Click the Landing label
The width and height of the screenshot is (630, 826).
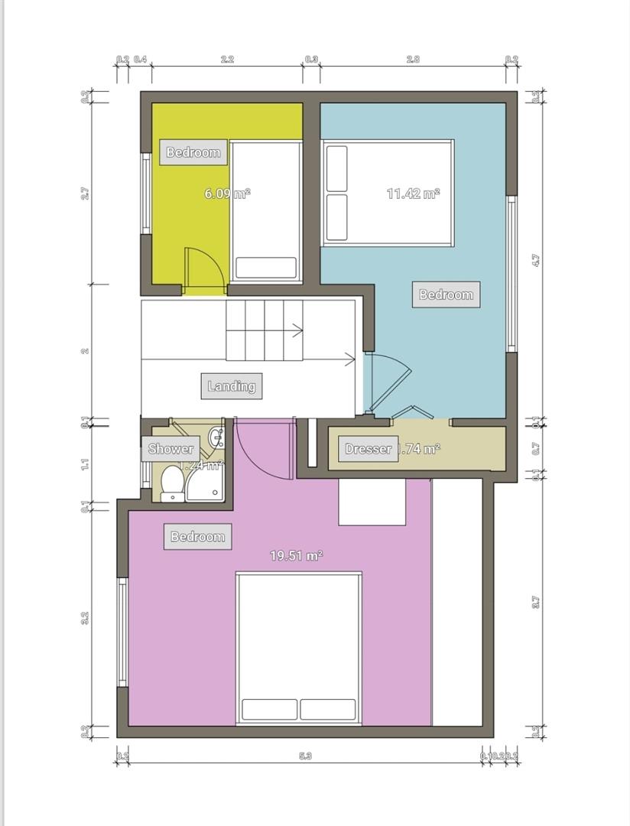tap(232, 386)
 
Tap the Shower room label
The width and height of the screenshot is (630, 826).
tap(170, 449)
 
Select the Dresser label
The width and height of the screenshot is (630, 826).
tap(368, 449)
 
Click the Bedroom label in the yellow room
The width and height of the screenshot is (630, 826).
tap(193, 152)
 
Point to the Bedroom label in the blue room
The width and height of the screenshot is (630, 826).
tap(446, 294)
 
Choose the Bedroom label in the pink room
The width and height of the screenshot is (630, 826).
tap(197, 537)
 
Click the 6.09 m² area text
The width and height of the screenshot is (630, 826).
tap(227, 193)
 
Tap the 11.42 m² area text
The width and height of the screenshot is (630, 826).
tap(413, 193)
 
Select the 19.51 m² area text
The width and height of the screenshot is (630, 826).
tap(296, 556)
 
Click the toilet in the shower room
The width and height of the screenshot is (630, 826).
tap(172, 483)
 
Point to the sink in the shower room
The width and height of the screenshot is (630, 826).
tap(216, 437)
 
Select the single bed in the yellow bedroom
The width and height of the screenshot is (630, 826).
tap(266, 210)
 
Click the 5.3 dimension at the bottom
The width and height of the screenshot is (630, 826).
tap(305, 756)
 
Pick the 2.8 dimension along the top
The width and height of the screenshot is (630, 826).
tap(412, 59)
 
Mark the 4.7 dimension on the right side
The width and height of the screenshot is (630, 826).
tap(536, 260)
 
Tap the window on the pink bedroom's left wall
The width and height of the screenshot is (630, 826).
tap(122, 632)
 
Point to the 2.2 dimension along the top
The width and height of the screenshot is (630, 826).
tap(227, 59)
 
